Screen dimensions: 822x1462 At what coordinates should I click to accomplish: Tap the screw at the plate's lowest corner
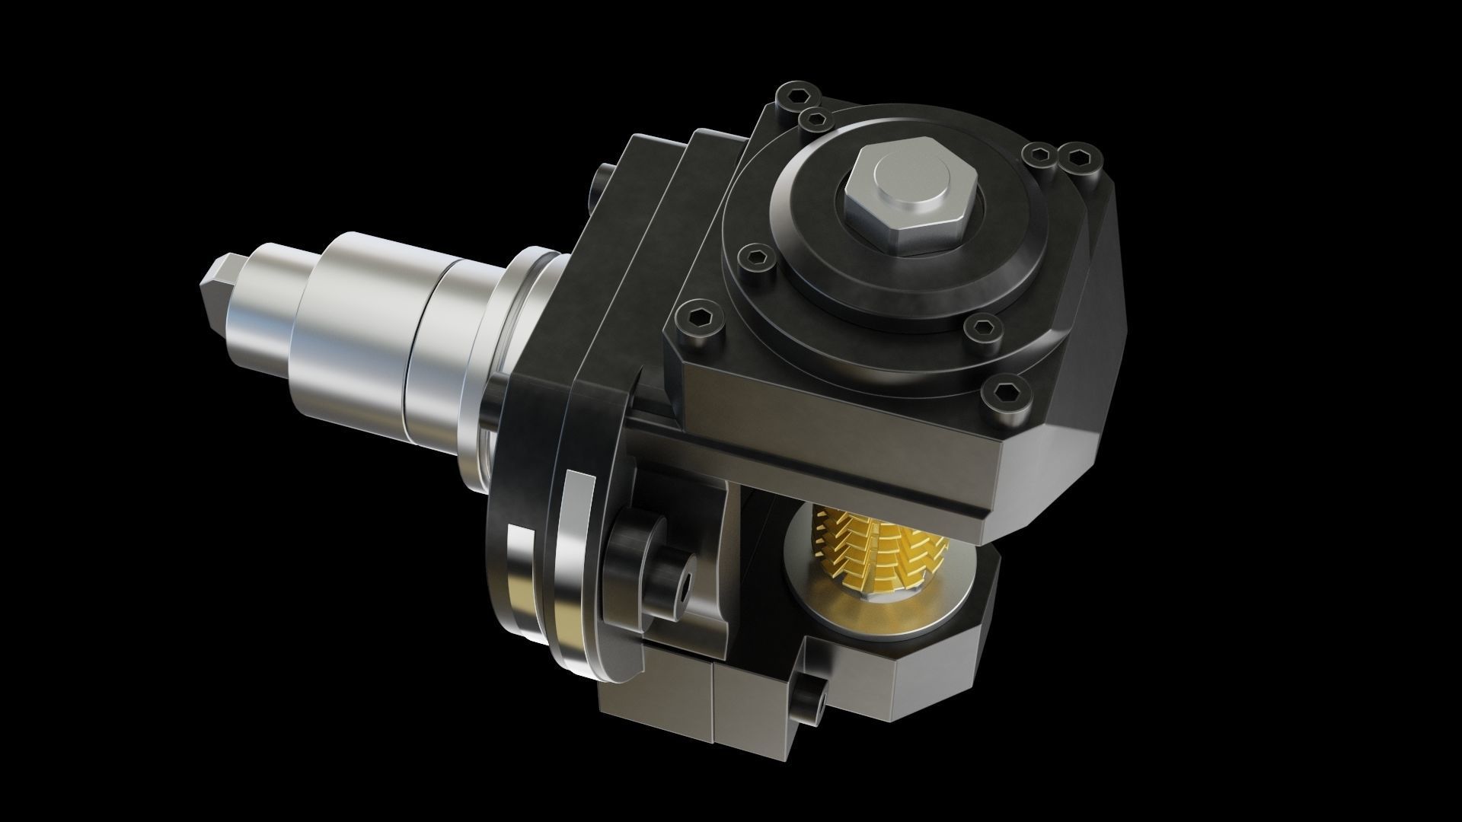(x=1004, y=393)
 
